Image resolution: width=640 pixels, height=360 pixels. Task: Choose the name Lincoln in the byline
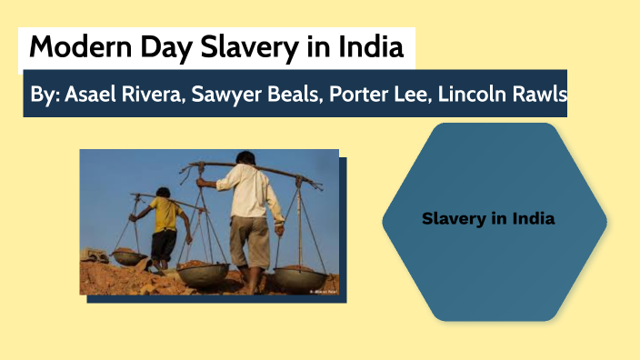472,94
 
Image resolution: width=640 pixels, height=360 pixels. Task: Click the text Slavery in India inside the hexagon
488,219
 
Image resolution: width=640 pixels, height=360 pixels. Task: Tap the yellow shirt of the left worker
166,215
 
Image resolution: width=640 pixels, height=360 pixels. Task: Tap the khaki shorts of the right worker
249,240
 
